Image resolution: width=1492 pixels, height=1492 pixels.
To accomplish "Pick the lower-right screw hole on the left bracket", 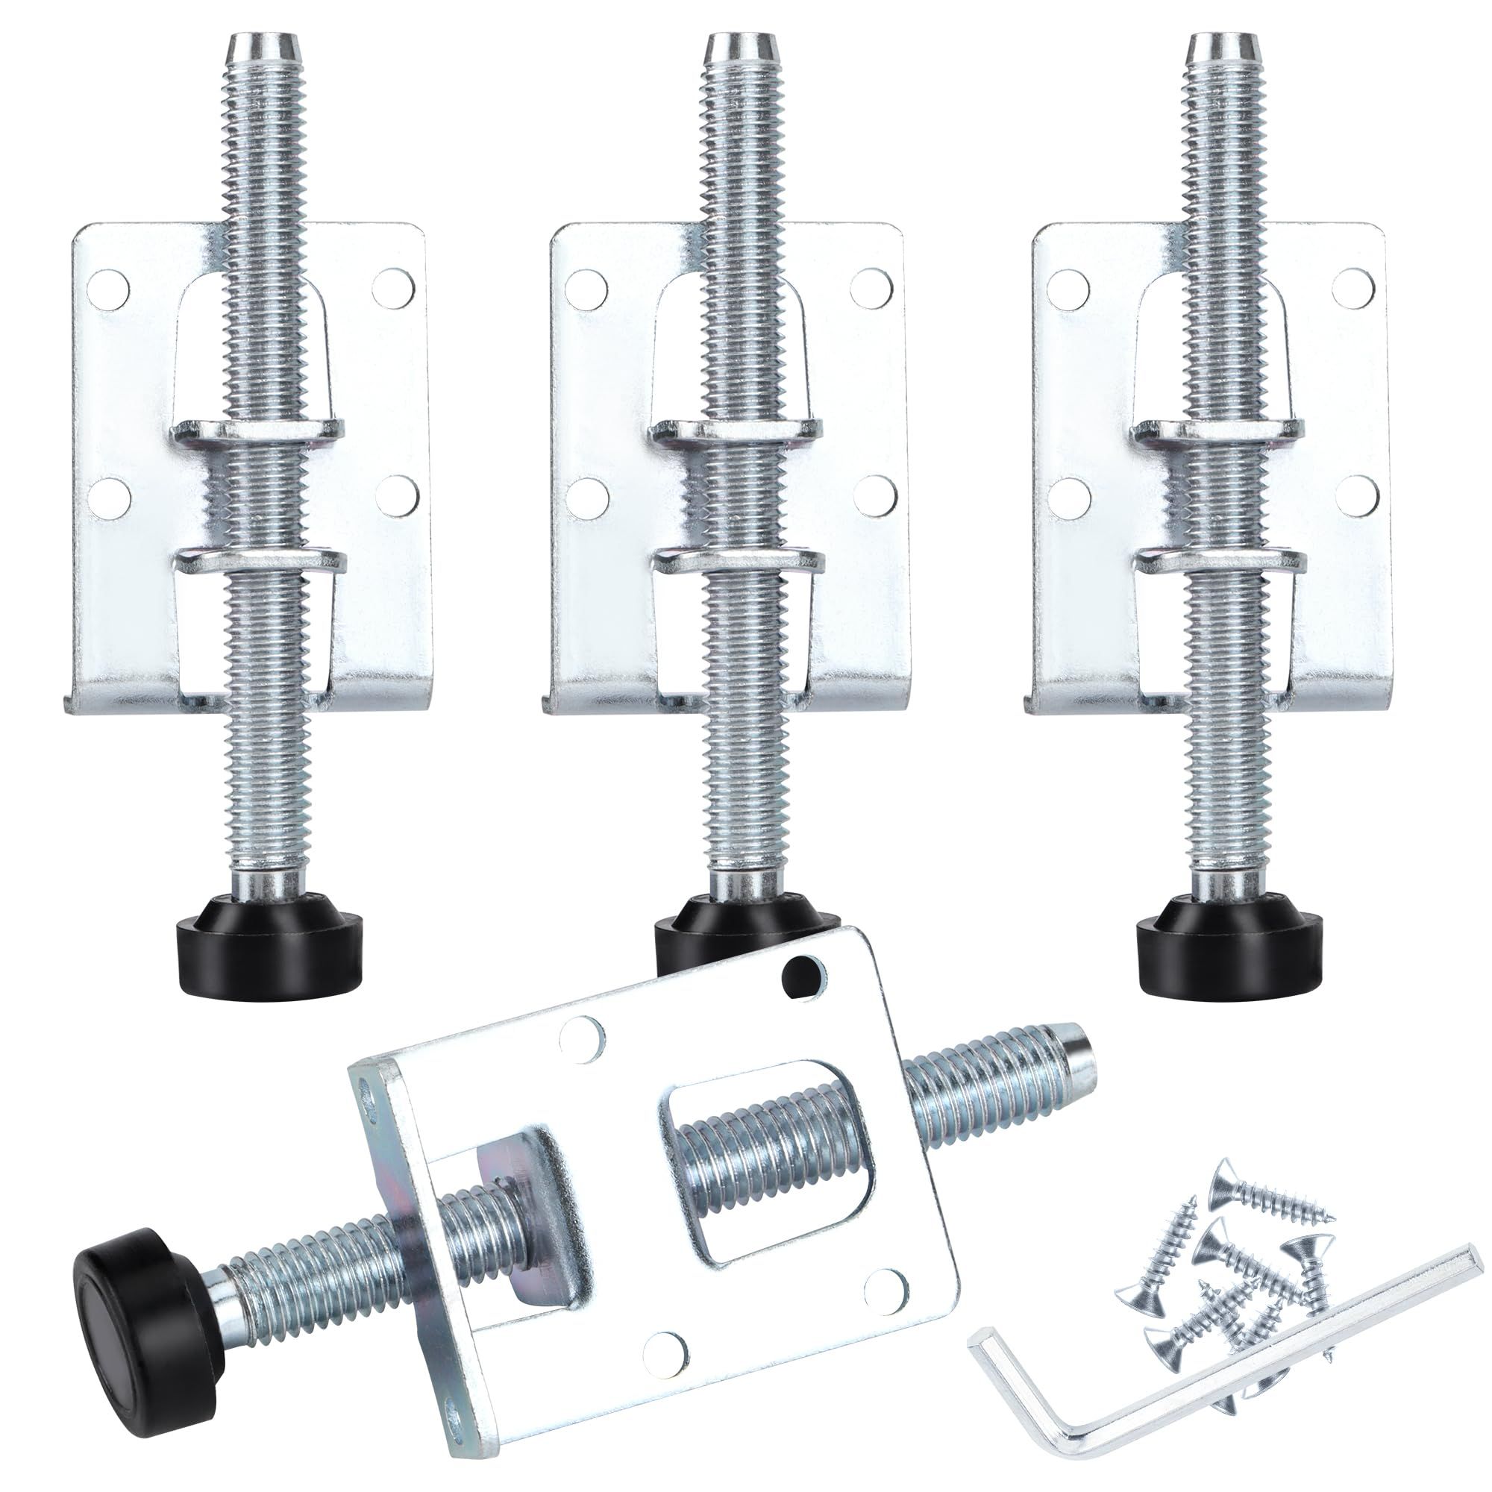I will (398, 492).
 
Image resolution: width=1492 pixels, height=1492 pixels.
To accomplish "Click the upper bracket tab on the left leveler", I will (259, 432).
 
